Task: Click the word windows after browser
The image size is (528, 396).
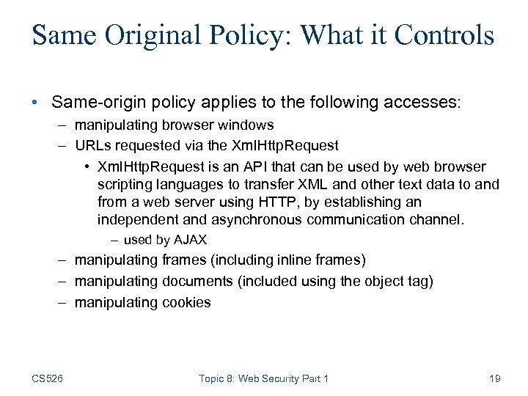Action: [248, 125]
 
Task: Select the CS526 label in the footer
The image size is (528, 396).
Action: [48, 378]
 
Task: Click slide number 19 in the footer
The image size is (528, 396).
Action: [494, 378]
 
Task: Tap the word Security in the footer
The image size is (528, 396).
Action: [282, 378]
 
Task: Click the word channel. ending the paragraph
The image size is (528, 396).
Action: [438, 219]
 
